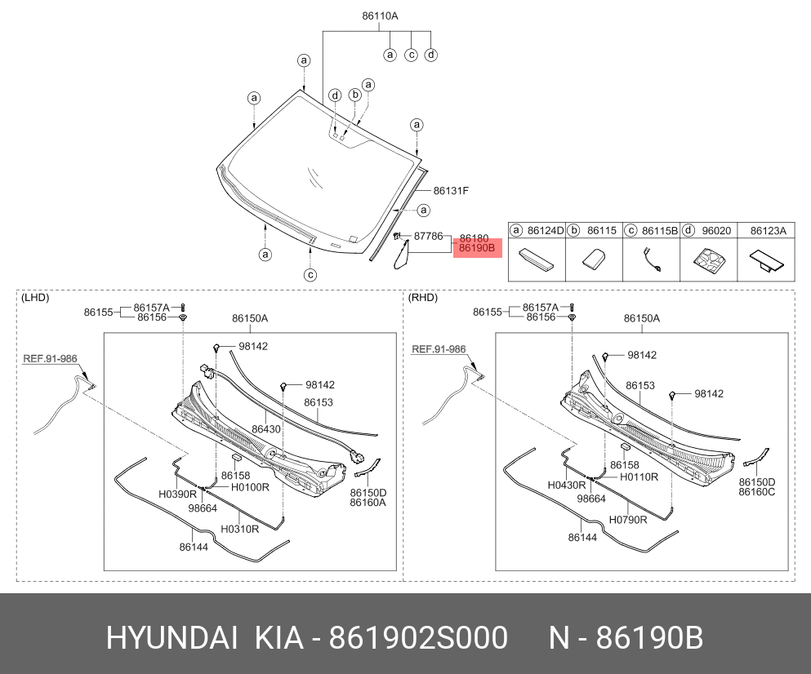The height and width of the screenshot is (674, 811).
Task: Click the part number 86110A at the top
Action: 380,16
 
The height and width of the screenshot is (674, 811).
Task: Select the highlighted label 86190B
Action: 477,248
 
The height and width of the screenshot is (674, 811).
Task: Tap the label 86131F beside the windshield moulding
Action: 451,191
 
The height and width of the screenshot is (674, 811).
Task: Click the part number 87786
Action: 428,236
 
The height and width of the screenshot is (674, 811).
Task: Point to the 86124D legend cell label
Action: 545,231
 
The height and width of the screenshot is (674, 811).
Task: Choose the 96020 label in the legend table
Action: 716,231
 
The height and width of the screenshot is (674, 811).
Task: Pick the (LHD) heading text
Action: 35,298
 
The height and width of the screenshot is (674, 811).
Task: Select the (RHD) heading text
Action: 422,298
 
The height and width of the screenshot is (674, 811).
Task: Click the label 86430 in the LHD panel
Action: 266,429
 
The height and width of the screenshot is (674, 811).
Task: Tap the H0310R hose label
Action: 239,529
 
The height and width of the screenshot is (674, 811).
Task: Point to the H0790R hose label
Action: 628,520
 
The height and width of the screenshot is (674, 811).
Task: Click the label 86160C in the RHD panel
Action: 757,492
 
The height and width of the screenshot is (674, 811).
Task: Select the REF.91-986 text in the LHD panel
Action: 50,358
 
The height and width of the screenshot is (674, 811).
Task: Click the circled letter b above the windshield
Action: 354,95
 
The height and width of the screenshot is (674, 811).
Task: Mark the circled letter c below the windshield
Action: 310,275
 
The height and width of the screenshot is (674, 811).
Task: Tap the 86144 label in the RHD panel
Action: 582,538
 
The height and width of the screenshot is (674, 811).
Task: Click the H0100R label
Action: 250,487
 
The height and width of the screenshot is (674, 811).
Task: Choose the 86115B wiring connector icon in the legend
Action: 651,259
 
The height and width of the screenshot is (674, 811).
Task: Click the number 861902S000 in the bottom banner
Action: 418,638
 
